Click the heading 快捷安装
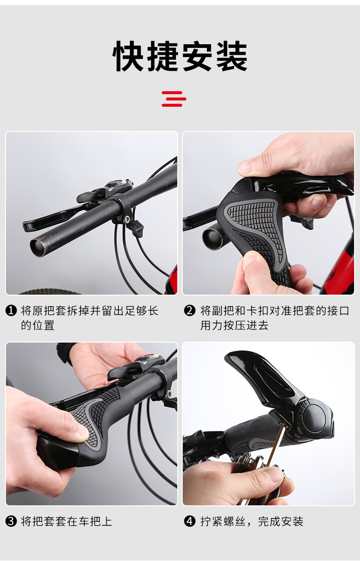click(180, 56)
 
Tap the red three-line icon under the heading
click(174, 99)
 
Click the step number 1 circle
click(11, 311)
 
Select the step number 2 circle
click(190, 311)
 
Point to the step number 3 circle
click(11, 521)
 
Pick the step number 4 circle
click(190, 521)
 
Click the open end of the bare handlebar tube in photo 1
click(38, 248)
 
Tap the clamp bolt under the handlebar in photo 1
click(127, 219)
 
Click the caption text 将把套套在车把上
click(67, 521)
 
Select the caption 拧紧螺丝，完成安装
click(252, 521)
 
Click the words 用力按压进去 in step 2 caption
click(234, 325)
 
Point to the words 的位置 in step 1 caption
click(38, 325)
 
